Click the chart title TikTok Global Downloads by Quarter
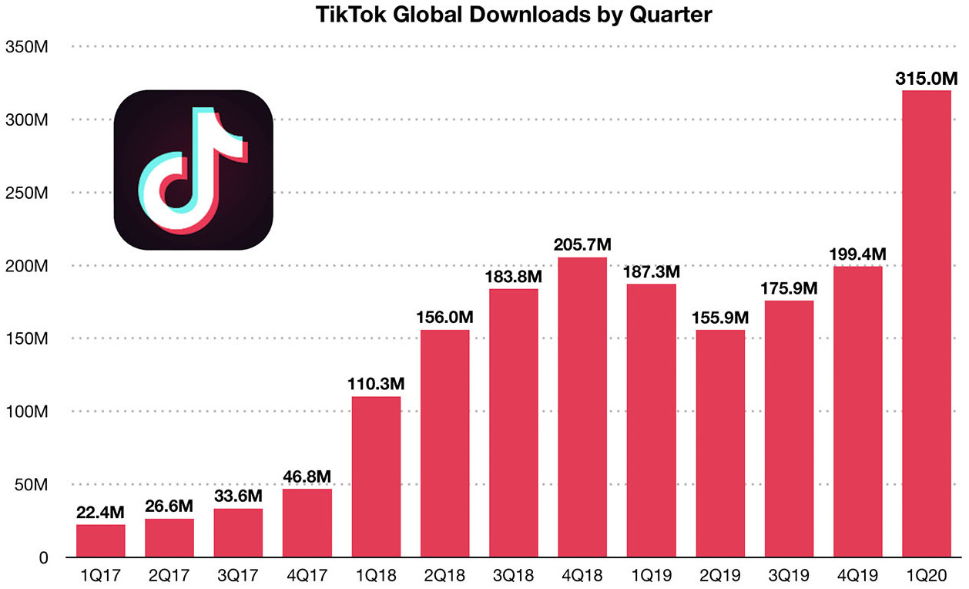coord(484,15)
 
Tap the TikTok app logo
coord(193,170)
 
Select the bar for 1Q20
coord(926,324)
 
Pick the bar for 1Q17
coord(100,540)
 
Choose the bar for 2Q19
coord(720,443)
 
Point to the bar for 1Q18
coord(376,476)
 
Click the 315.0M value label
coord(926,79)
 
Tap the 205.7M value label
coord(583,245)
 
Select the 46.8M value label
coord(307,476)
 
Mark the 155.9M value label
coord(720,318)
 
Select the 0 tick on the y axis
coord(44,557)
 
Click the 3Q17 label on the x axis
coord(238,577)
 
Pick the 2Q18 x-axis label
coord(444,577)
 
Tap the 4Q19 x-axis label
coord(857,577)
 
